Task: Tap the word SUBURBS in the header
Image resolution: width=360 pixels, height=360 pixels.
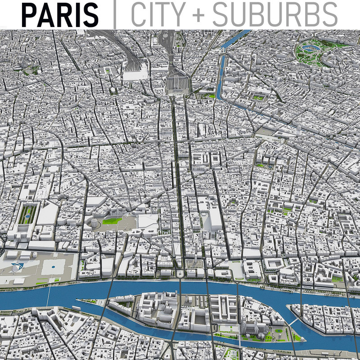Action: pyautogui.click(x=274, y=14)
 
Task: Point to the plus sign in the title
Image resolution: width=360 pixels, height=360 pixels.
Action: pyautogui.click(x=198, y=15)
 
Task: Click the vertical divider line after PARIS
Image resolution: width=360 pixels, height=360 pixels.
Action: pyautogui.click(x=114, y=14)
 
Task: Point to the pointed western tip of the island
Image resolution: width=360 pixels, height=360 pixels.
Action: pyautogui.click(x=77, y=300)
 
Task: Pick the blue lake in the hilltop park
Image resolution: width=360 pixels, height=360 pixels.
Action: pyautogui.click(x=310, y=46)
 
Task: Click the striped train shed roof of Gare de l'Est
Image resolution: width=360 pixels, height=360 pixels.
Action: pyautogui.click(x=177, y=83)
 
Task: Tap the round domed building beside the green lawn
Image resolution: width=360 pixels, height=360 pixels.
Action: pyautogui.click(x=95, y=222)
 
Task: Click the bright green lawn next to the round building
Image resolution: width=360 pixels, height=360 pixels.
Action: pyautogui.click(x=111, y=221)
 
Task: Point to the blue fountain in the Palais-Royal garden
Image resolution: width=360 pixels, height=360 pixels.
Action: pyautogui.click(x=27, y=216)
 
